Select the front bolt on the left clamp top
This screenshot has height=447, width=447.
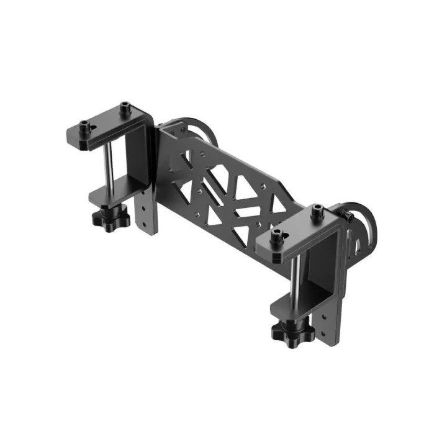86,127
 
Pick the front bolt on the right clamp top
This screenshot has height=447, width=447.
277,235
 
